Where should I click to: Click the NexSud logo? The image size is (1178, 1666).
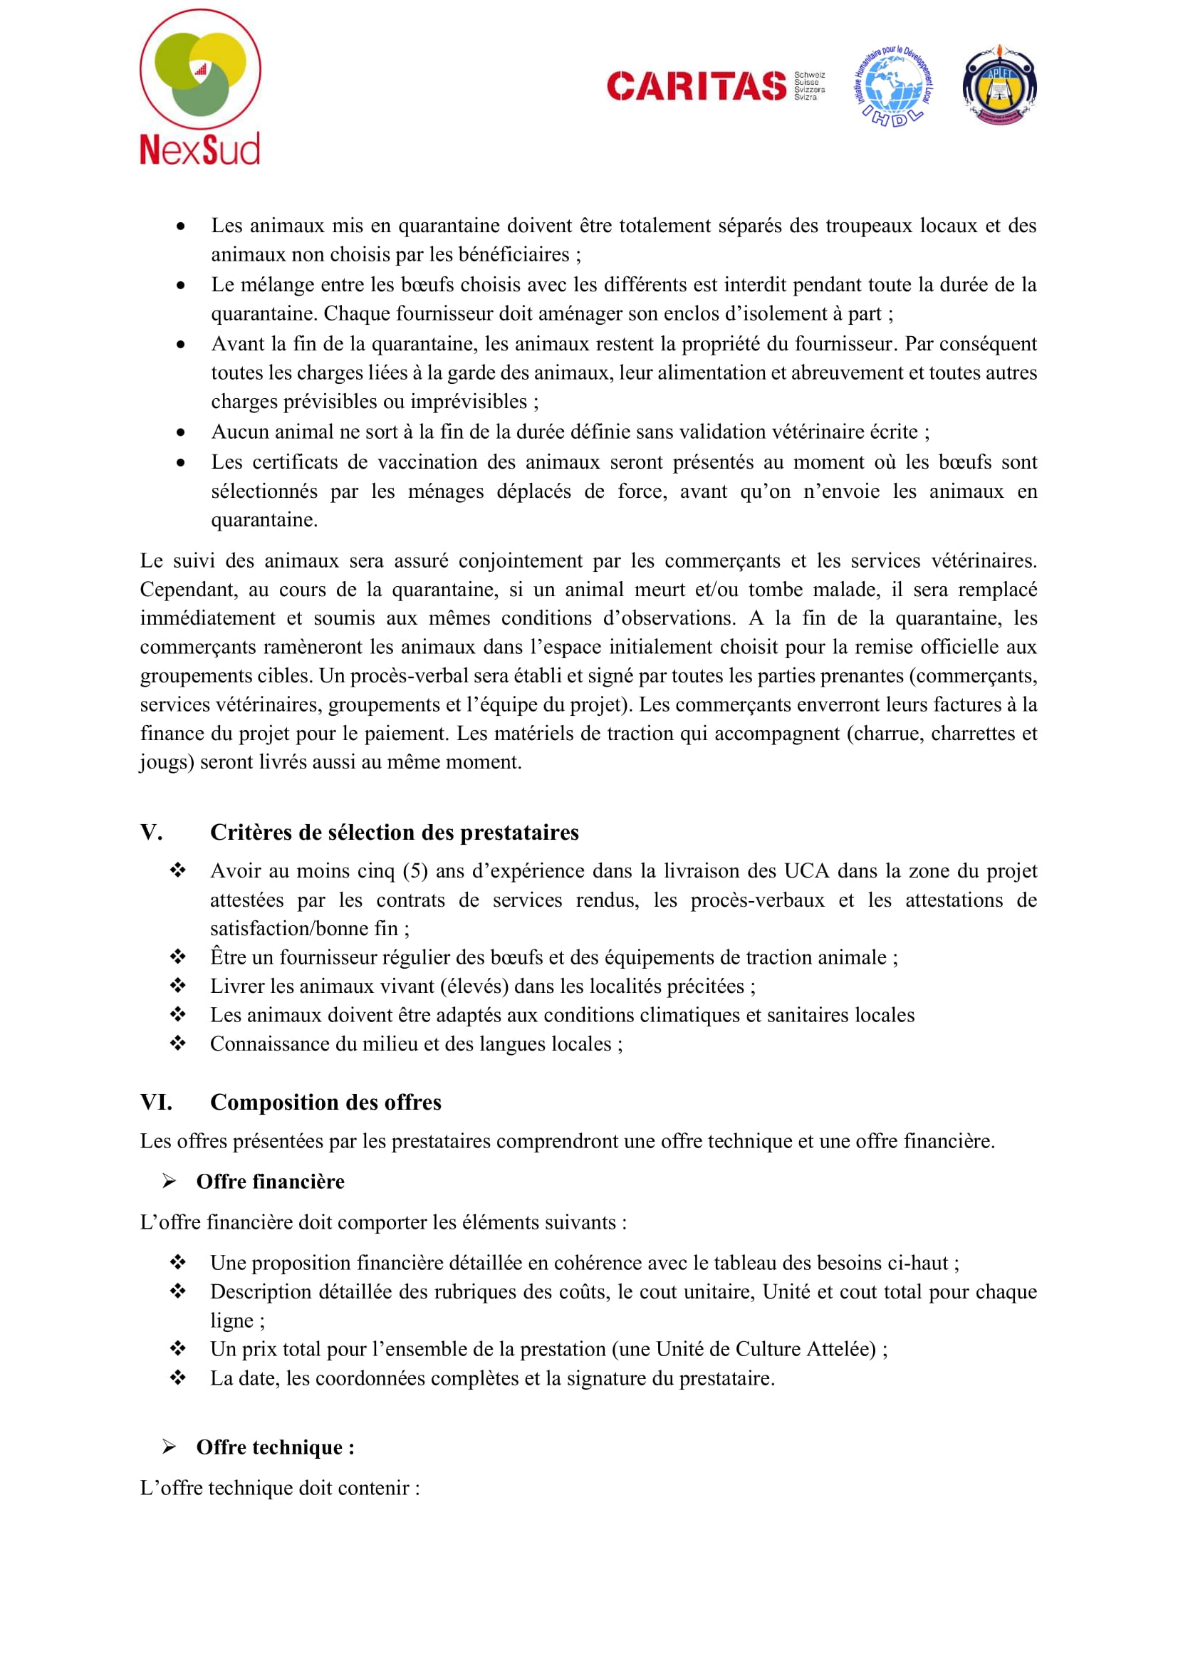pos(199,87)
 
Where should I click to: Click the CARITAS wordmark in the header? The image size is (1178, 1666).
pos(697,85)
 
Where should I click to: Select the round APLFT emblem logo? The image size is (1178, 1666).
pos(999,85)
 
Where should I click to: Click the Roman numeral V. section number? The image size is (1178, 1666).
pos(151,832)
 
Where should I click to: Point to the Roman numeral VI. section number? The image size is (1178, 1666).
pos(156,1102)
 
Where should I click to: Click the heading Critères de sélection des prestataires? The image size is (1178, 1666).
pos(394,832)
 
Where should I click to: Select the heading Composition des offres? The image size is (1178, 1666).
pos(325,1102)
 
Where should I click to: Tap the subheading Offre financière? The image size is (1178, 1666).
pos(270,1182)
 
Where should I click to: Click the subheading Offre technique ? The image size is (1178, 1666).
pos(275,1447)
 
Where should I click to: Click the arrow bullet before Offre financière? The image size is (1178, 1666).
pos(169,1182)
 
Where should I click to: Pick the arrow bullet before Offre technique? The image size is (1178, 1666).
pos(169,1447)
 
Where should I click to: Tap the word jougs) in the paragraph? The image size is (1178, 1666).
pos(166,762)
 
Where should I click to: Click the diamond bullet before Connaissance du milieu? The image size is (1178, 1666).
pos(178,1043)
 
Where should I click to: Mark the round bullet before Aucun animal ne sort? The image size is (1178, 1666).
pos(181,432)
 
